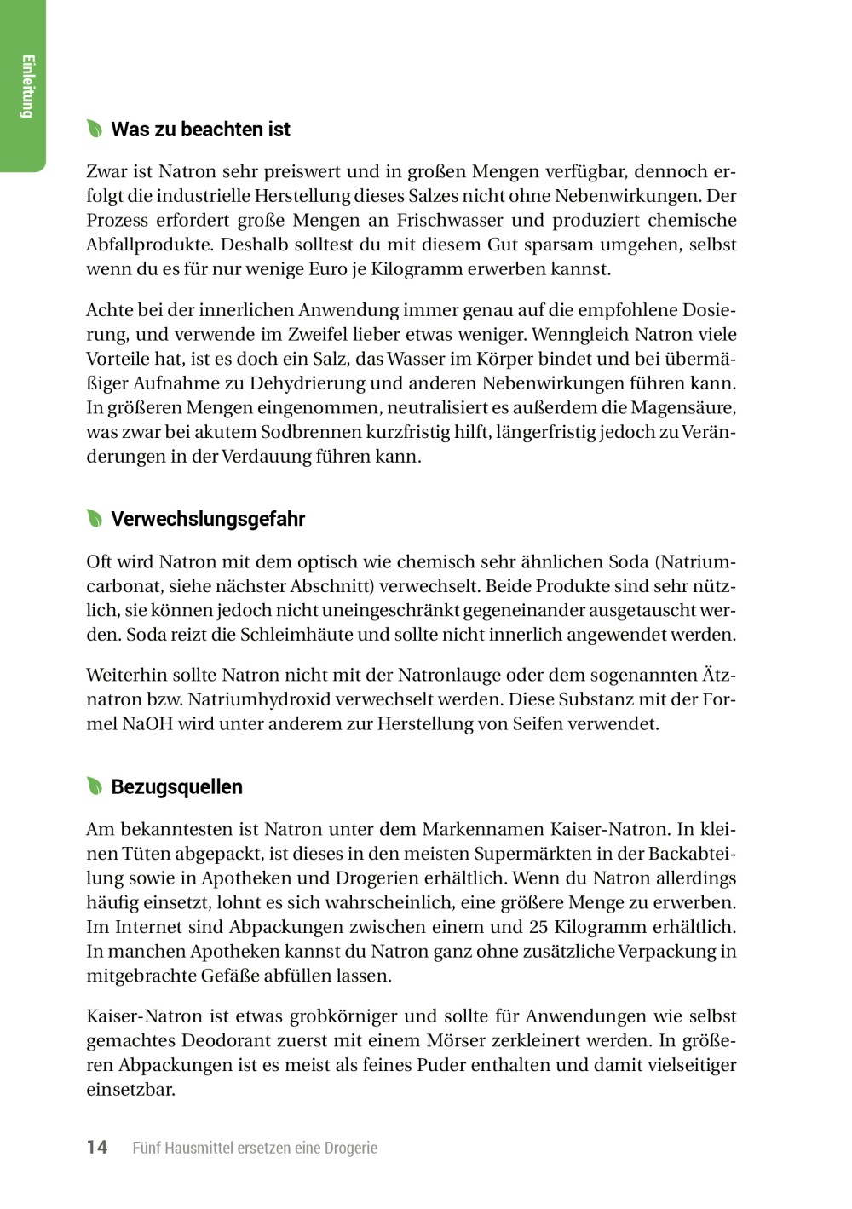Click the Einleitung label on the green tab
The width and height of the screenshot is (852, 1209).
point(27,86)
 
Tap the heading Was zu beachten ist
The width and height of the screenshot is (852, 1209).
point(200,130)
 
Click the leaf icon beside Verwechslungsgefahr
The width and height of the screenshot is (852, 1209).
point(95,519)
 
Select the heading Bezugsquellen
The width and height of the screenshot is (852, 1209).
point(176,787)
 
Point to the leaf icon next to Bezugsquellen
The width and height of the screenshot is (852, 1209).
point(95,786)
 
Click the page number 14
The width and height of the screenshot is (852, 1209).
point(97,1147)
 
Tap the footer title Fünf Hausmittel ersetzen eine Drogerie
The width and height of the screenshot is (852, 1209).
point(255,1148)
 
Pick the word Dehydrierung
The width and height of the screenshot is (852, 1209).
point(346,383)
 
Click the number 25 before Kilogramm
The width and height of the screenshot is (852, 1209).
point(537,927)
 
